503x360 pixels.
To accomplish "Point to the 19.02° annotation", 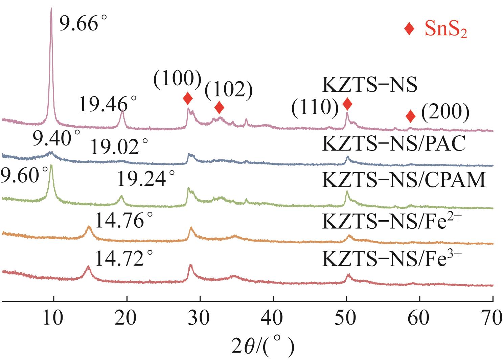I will pyautogui.click(x=119, y=148).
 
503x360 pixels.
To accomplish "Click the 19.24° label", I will pyautogui.click(x=146, y=179).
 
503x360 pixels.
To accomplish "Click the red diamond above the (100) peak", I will pyautogui.click(x=188, y=99).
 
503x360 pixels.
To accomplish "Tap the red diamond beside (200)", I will pyautogui.click(x=410, y=116).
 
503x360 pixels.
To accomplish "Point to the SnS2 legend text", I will pyautogui.click(x=446, y=30).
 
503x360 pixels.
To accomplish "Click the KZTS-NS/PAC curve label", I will pyautogui.click(x=393, y=144).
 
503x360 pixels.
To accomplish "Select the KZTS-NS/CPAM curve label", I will pyautogui.click(x=404, y=180).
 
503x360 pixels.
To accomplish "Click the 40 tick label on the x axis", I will pyautogui.click(x=273, y=319).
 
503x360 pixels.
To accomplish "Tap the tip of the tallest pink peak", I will pyautogui.click(x=51, y=8).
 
